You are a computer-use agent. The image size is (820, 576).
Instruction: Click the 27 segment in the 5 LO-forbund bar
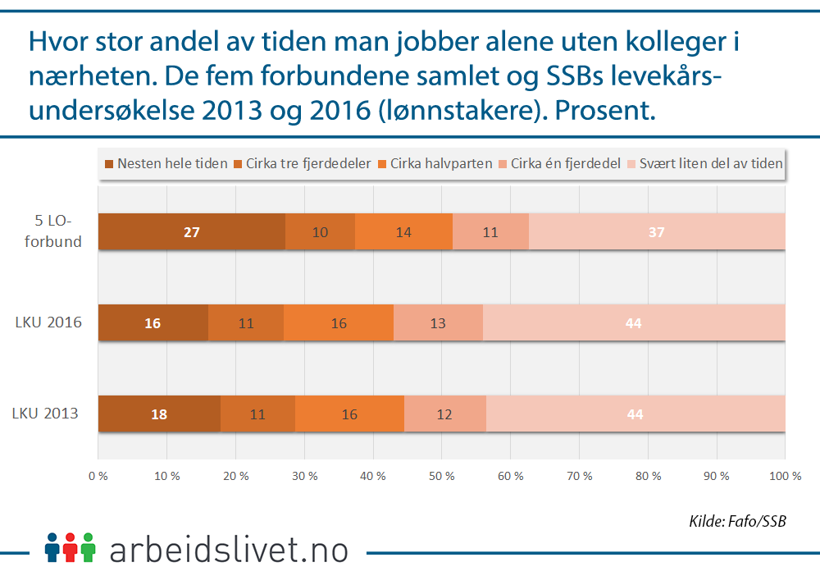(191, 232)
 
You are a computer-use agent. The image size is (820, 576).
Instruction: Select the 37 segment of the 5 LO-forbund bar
(656, 232)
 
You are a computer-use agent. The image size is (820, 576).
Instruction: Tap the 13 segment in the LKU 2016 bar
(438, 323)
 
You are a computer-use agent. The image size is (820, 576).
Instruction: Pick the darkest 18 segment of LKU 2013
(159, 414)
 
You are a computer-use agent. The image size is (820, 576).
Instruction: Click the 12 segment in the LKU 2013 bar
(444, 414)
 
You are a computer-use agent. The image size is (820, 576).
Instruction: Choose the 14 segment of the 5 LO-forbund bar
(403, 232)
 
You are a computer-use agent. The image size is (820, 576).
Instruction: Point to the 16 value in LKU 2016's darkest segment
(153, 323)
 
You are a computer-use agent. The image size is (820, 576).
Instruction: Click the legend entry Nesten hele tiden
(166, 163)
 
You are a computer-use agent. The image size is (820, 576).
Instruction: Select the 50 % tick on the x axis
(441, 475)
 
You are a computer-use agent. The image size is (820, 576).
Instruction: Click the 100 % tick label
(784, 475)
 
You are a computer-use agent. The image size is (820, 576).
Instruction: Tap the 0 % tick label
(98, 475)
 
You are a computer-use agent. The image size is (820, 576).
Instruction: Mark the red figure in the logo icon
(71, 547)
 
